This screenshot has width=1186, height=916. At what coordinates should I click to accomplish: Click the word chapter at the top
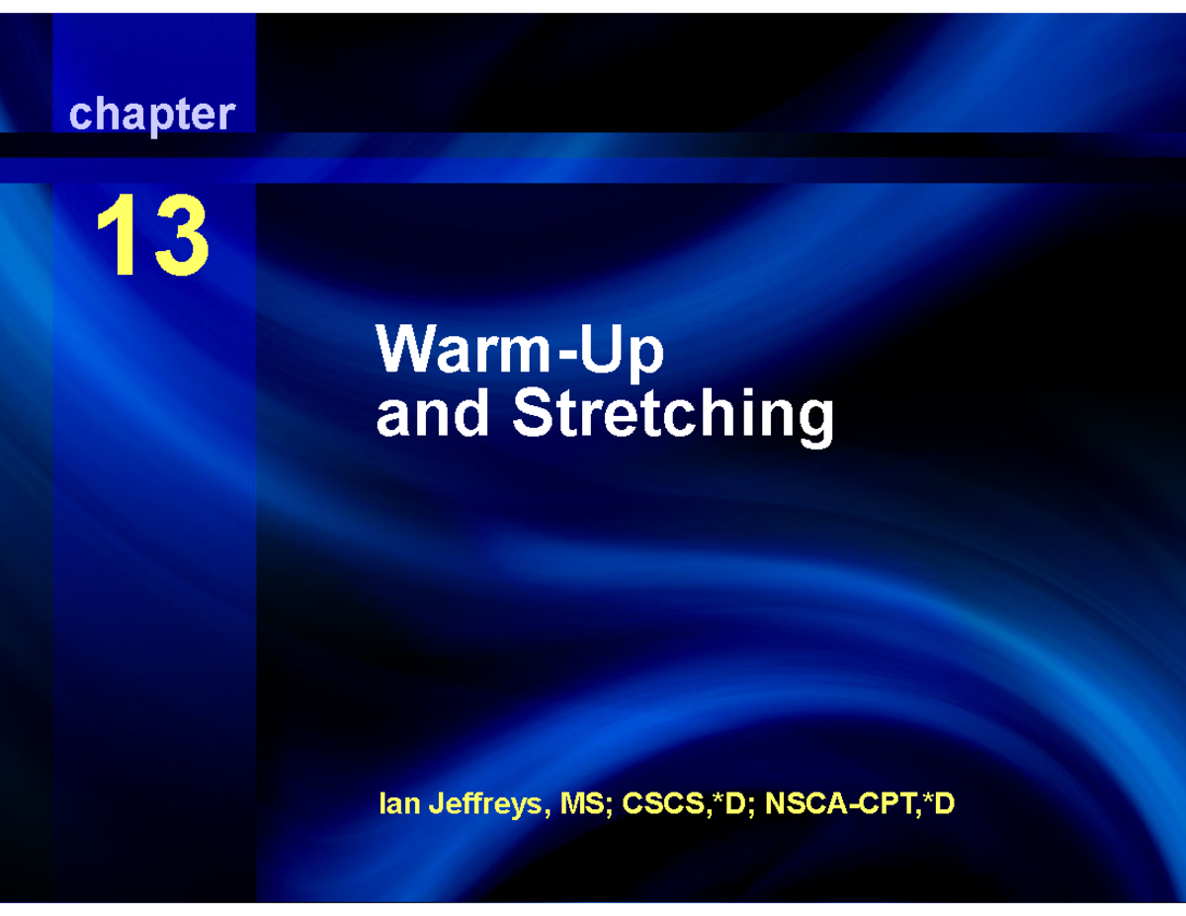click(x=151, y=115)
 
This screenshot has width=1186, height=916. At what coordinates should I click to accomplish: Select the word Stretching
click(x=673, y=416)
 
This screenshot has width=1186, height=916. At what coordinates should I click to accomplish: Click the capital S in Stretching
click(x=532, y=414)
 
